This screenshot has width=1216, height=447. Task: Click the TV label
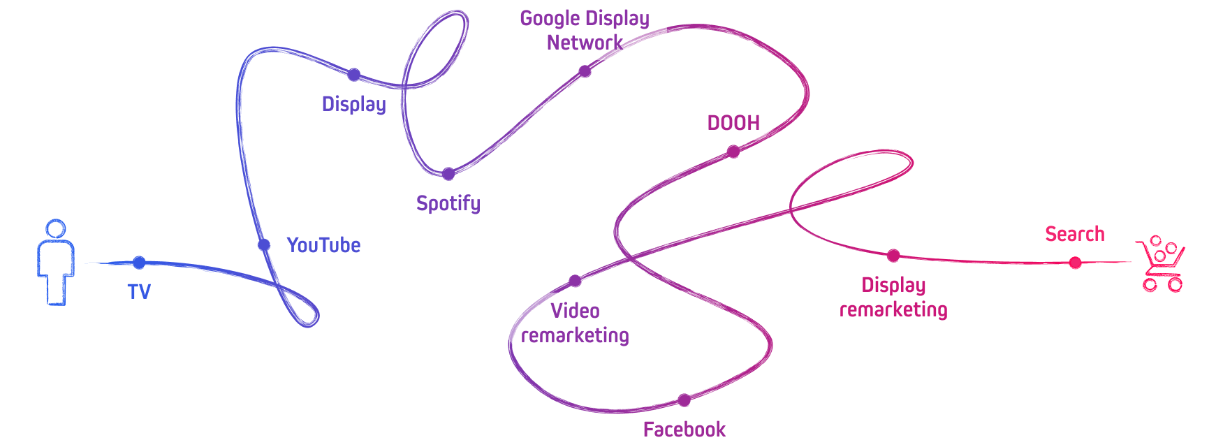coord(139,291)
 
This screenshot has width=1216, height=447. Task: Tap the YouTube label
coord(323,245)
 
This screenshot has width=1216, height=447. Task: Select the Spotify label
coord(448,203)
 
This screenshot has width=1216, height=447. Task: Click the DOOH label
coord(733,123)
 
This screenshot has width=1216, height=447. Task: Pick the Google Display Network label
coord(585,30)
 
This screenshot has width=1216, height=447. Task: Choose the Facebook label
coord(684,429)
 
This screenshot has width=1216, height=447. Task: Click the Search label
coord(1075,234)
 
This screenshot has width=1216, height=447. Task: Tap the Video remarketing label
coord(575,323)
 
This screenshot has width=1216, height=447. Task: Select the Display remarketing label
coord(893,297)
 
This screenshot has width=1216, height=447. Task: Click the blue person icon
coord(56,262)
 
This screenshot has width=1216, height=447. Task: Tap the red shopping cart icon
coord(1161,263)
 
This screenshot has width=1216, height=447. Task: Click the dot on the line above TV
coord(139,263)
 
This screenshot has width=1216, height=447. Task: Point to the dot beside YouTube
coord(264,245)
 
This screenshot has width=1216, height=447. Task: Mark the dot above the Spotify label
coord(448,174)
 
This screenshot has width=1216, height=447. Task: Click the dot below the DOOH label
coord(733,152)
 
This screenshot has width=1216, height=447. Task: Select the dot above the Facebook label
coord(684,400)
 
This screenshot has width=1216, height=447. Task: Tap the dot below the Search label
coord(1076,263)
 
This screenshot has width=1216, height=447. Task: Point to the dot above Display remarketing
coord(893,256)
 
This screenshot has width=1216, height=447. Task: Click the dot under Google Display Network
coord(585,71)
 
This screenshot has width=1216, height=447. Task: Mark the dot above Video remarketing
coord(575,281)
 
